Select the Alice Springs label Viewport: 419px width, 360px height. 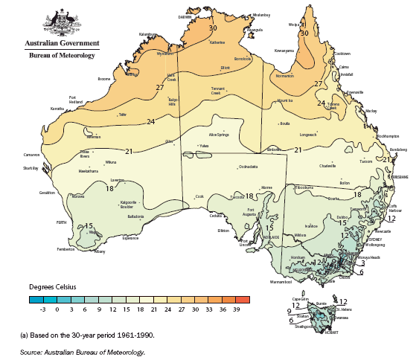[222, 134]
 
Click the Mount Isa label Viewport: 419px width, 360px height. [285, 100]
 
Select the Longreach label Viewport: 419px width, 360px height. [308, 135]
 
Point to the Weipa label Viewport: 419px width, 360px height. [292, 25]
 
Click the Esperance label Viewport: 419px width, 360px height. [130, 238]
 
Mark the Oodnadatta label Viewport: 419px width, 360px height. [248, 167]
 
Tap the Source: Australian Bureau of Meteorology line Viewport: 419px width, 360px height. [82, 352]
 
